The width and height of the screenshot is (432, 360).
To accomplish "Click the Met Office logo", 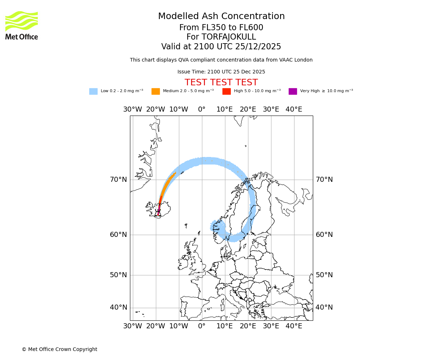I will [22, 25].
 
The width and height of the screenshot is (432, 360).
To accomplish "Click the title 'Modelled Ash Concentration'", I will [221, 17].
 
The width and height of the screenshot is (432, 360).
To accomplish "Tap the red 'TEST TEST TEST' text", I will [221, 83].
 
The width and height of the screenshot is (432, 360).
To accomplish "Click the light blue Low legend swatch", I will [93, 91].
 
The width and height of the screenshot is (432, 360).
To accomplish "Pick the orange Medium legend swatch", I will [156, 91].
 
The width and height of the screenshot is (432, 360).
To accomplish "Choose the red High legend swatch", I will [226, 91].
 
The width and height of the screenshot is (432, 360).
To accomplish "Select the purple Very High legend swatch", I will [293, 91].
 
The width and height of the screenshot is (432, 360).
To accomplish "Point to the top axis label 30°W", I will [132, 109].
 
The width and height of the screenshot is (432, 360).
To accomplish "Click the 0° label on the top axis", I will [202, 109].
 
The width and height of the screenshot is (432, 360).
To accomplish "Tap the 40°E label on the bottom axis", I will [294, 326].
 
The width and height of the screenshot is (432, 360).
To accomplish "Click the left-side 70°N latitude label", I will [118, 180].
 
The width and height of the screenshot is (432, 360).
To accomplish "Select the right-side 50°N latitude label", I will [324, 275].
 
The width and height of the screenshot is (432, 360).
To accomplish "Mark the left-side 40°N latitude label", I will [118, 307].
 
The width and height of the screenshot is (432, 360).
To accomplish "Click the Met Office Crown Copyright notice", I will [59, 350].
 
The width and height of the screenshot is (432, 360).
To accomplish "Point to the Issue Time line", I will [221, 72].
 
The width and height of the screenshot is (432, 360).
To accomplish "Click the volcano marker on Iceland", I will [158, 211].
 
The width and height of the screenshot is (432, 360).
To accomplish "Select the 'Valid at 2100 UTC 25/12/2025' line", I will [221, 47].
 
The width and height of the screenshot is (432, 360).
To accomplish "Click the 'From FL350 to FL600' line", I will [221, 28].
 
